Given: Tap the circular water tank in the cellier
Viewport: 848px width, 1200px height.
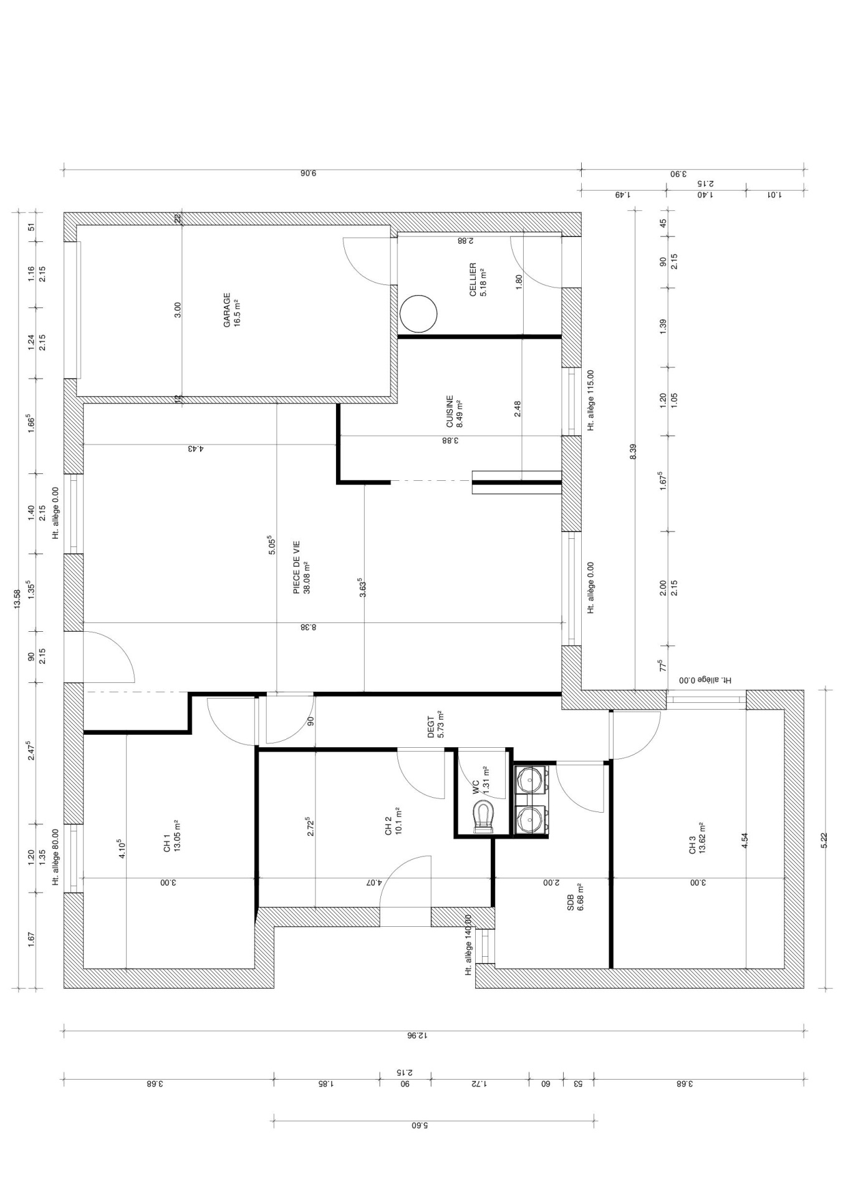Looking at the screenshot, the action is click(x=418, y=313).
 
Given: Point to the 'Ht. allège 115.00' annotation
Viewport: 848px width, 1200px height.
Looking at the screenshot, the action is click(x=590, y=400).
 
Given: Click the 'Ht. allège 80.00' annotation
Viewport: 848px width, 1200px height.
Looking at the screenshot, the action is click(x=56, y=858).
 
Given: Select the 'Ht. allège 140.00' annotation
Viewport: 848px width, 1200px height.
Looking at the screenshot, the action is click(x=468, y=945).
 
